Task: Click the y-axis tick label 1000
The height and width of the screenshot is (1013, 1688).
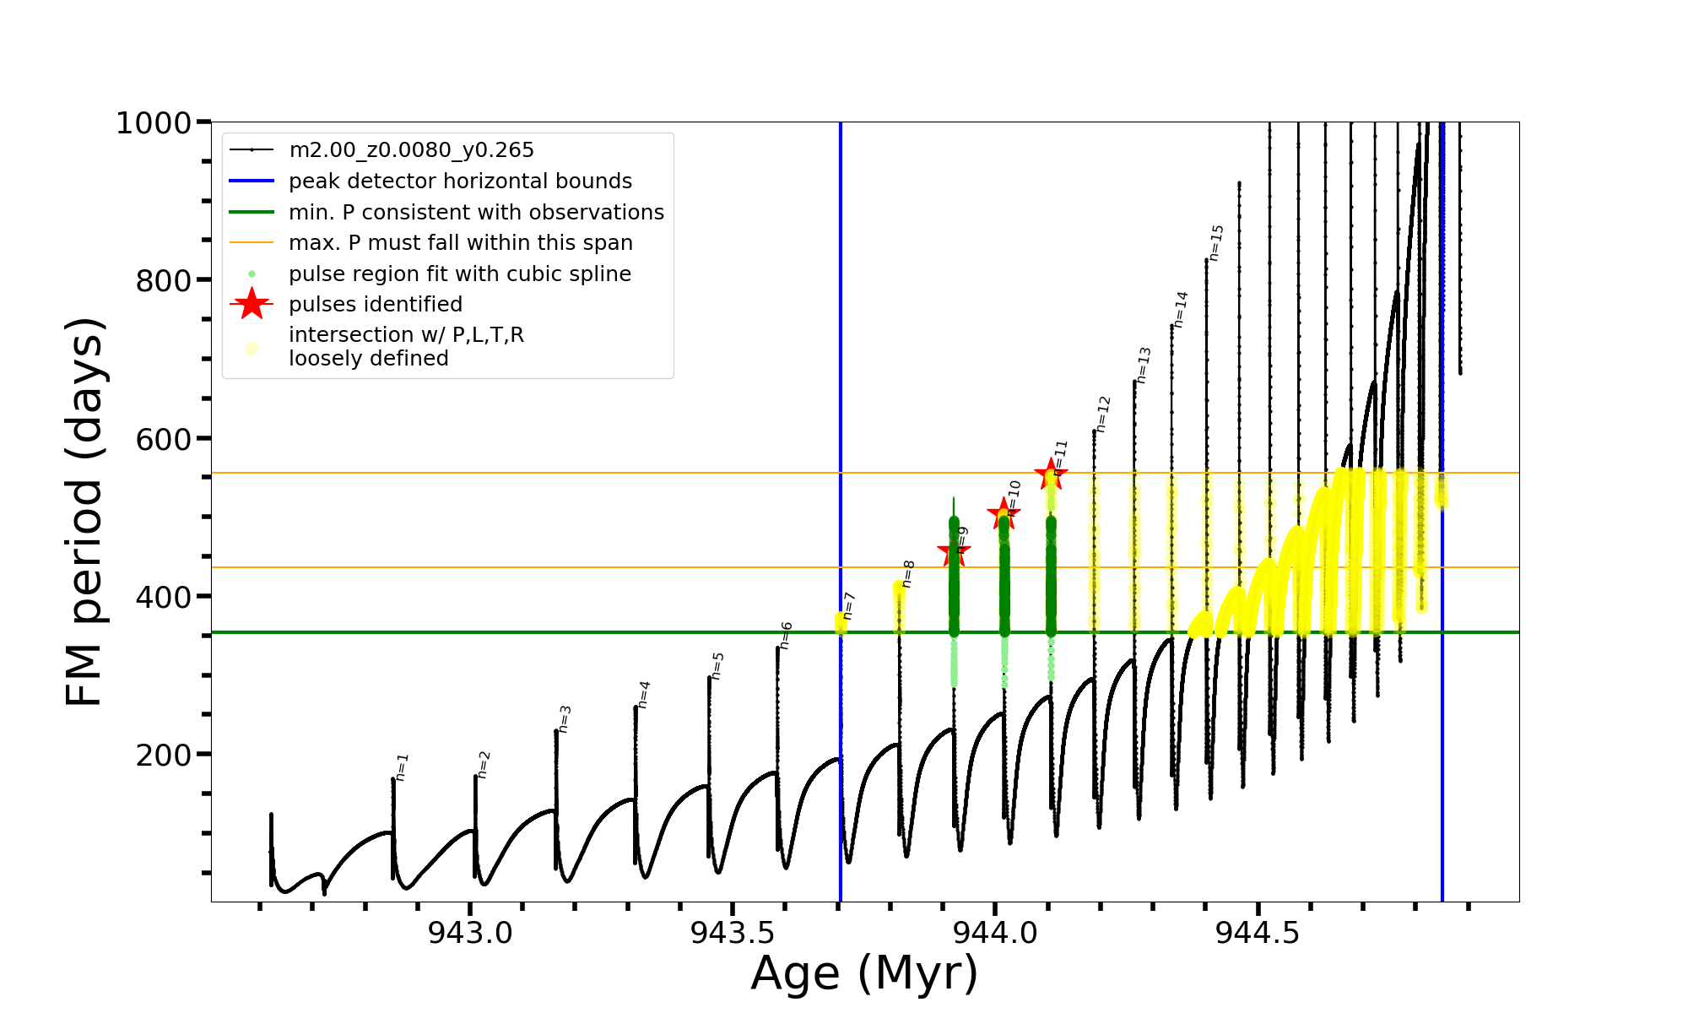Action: coord(153,123)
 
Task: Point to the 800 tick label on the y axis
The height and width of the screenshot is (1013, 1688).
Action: coord(164,280)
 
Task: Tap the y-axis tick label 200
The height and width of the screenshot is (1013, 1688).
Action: coord(164,755)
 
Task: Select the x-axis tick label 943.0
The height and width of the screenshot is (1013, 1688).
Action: coord(470,933)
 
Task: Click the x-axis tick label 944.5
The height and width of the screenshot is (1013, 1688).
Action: coord(1258,933)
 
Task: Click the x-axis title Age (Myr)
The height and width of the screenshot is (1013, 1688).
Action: coord(864,973)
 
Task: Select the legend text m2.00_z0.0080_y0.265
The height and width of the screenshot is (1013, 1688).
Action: coord(411,150)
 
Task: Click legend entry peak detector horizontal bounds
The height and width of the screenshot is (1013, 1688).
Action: coord(460,181)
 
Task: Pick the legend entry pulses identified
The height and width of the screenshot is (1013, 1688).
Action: coord(376,305)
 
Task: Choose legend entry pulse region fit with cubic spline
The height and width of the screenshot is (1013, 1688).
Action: coord(460,274)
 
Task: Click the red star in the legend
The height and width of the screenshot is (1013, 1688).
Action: coord(252,304)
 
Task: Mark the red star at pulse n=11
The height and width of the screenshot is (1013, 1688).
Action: coord(1051,474)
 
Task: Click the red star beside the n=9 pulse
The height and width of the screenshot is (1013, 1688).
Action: coord(954,553)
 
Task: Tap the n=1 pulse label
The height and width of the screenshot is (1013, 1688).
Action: coord(403,767)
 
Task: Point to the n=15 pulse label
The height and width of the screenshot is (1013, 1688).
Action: coord(1216,242)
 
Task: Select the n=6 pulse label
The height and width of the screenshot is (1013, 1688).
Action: coord(786,636)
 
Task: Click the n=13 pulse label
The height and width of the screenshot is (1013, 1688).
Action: coord(1144,366)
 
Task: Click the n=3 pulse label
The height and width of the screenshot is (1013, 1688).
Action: coord(565,719)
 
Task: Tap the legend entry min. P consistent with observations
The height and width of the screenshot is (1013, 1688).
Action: coord(476,213)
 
